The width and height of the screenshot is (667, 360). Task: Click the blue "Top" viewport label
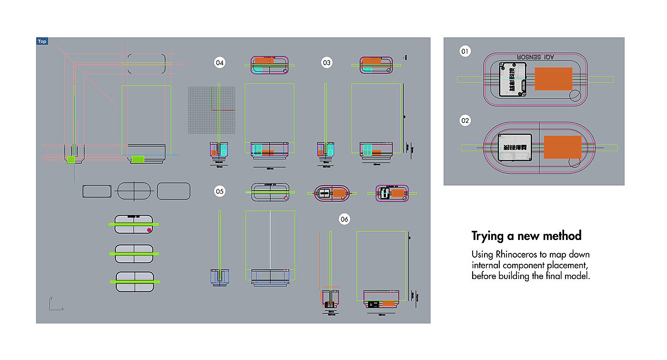pos(42,41)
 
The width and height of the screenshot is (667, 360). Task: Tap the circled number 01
pos(465,51)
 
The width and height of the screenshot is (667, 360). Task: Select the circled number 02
pos(465,120)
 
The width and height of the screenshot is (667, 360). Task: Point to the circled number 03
pos(326,62)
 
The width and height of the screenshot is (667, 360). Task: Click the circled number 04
pos(220,62)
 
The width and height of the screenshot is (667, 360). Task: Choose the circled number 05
pos(220,191)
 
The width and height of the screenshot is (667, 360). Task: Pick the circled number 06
pos(344,219)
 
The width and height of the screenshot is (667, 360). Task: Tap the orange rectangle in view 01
pos(553,79)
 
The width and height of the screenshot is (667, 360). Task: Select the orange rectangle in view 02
pos(563,147)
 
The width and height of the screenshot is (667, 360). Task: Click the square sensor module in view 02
pos(515,147)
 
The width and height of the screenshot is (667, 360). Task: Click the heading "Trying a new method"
pos(526,236)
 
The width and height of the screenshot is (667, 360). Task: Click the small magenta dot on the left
pos(149,230)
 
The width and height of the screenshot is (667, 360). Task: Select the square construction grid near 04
pos(212,110)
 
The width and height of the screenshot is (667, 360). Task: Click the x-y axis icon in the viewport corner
pos(54,305)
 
